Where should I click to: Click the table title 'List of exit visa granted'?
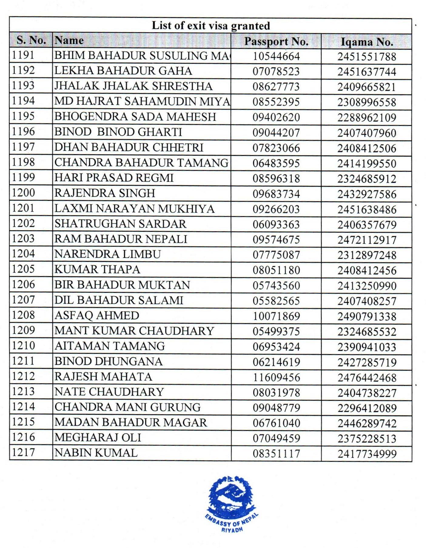[211, 25]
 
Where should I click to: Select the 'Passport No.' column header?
[276, 41]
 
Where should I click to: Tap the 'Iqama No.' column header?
[367, 42]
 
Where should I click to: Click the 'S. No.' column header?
[31, 40]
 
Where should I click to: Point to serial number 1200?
[23, 193]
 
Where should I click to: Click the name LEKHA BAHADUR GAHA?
[123, 71]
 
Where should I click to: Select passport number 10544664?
[276, 56]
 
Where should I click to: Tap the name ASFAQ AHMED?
[97, 316]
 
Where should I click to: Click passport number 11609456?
[276, 377]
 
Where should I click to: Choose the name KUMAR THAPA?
[97, 269]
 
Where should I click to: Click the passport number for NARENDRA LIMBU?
[276, 255]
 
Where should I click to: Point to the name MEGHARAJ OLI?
[98, 438]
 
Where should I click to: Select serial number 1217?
[23, 452]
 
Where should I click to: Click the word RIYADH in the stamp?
[232, 530]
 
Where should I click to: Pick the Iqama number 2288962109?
[367, 117]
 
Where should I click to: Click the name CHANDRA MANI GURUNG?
[127, 407]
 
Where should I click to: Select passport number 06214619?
[276, 362]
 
